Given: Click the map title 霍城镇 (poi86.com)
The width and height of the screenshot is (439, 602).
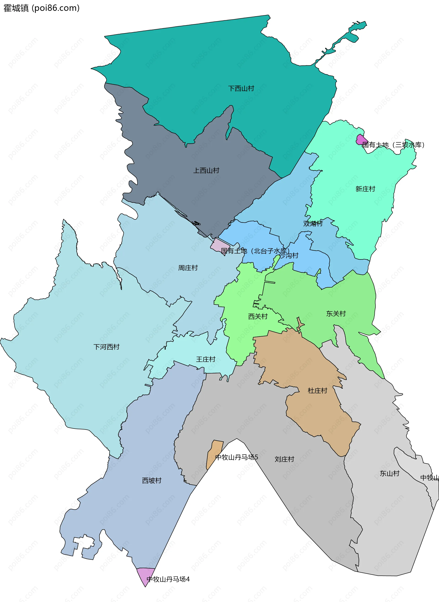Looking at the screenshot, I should (x=41, y=8).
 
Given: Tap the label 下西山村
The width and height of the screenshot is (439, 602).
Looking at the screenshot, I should (x=241, y=88).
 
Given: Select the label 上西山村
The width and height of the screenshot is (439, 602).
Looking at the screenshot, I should (x=206, y=170).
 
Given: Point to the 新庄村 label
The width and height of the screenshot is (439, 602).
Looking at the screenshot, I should (x=365, y=189).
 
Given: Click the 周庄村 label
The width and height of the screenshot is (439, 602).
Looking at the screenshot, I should (x=188, y=268).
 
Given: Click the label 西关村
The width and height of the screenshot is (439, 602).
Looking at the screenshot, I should (x=258, y=316).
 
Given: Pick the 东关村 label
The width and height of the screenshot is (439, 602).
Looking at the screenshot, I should (x=336, y=314).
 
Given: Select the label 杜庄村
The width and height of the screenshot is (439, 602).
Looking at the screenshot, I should (x=317, y=391).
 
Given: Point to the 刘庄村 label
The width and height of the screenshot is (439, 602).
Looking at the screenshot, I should (x=284, y=459).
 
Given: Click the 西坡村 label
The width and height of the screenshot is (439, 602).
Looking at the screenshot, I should (x=152, y=480).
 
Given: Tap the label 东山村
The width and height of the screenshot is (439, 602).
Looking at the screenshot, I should (x=390, y=473).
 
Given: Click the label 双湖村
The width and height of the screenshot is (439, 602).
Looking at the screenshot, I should (x=313, y=223).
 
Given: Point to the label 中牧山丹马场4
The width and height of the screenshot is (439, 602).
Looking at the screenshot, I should (x=168, y=579).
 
